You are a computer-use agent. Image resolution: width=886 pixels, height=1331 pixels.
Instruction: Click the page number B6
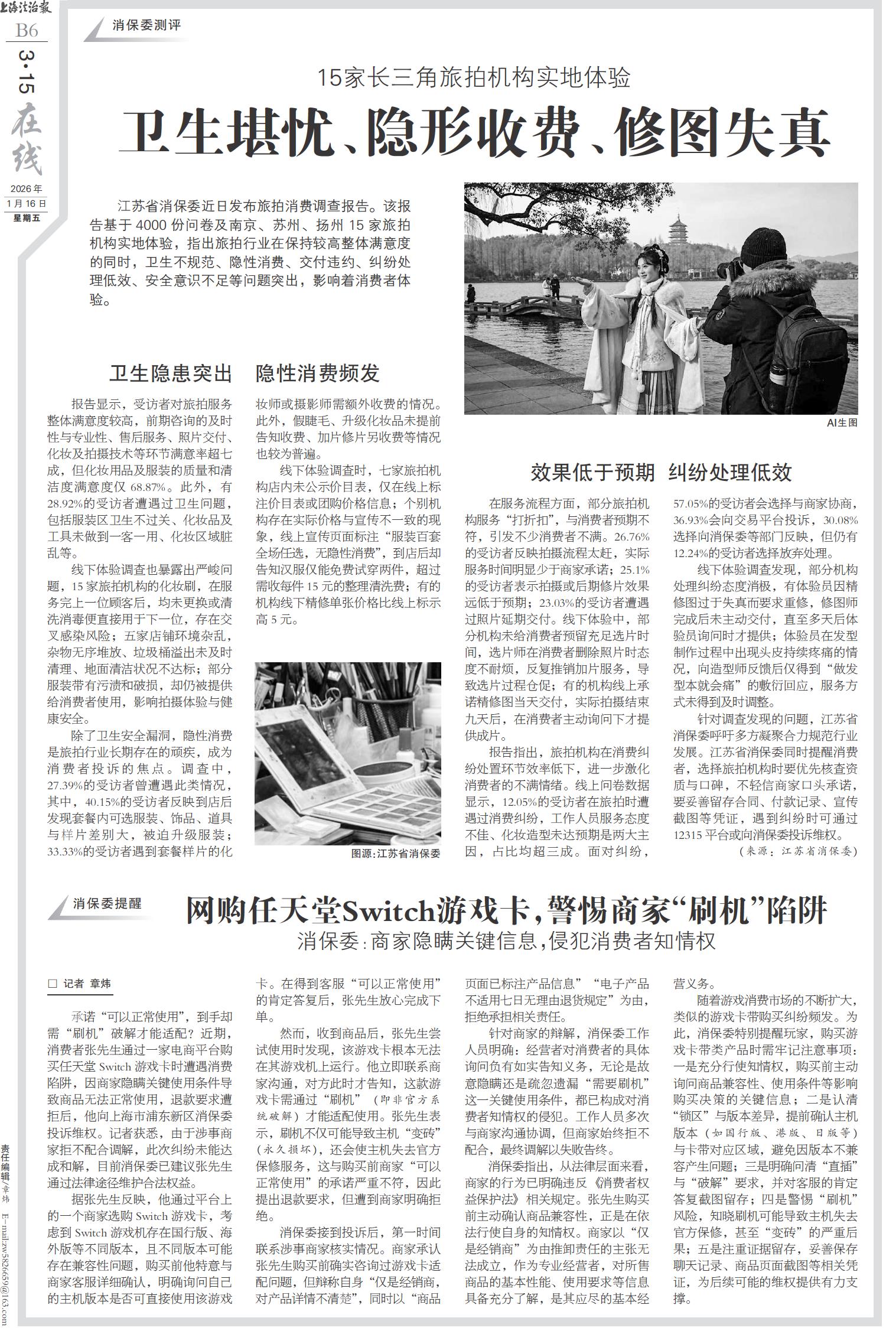click(27, 31)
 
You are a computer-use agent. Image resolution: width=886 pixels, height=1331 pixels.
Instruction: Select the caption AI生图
click(841, 422)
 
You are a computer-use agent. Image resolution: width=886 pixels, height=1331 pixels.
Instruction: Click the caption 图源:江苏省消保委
click(396, 854)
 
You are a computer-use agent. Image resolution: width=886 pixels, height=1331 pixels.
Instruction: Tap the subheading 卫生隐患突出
click(170, 373)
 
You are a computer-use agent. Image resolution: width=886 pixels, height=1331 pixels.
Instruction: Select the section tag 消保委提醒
click(108, 904)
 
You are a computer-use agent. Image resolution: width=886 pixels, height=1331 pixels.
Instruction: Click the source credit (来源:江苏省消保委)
click(797, 851)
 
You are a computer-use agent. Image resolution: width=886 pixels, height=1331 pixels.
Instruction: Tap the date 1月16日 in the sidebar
click(26, 203)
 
